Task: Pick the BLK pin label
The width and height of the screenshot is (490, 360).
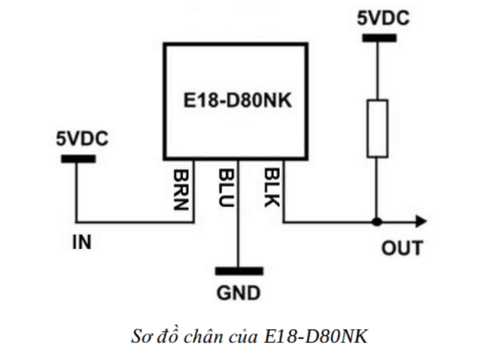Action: tap(270, 187)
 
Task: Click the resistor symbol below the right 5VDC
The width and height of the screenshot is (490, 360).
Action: tap(377, 128)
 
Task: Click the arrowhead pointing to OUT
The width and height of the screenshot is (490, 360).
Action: tap(421, 221)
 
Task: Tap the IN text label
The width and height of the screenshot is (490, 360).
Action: tap(81, 242)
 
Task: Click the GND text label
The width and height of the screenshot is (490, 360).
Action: tap(238, 292)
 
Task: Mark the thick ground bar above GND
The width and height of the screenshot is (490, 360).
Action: tap(239, 271)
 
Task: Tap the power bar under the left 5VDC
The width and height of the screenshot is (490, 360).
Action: tap(78, 159)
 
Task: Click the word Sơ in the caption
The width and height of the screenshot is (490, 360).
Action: tap(141, 337)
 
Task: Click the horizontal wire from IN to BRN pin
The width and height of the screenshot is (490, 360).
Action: tap(135, 221)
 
